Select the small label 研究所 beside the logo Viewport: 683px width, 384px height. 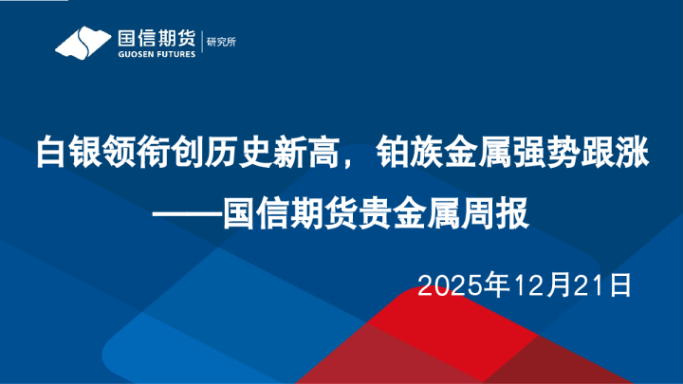pos(223,43)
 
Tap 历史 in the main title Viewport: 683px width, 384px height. pos(234,152)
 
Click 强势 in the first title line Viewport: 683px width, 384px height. pos(547,152)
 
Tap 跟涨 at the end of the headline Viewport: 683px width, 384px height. pos(616,152)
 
